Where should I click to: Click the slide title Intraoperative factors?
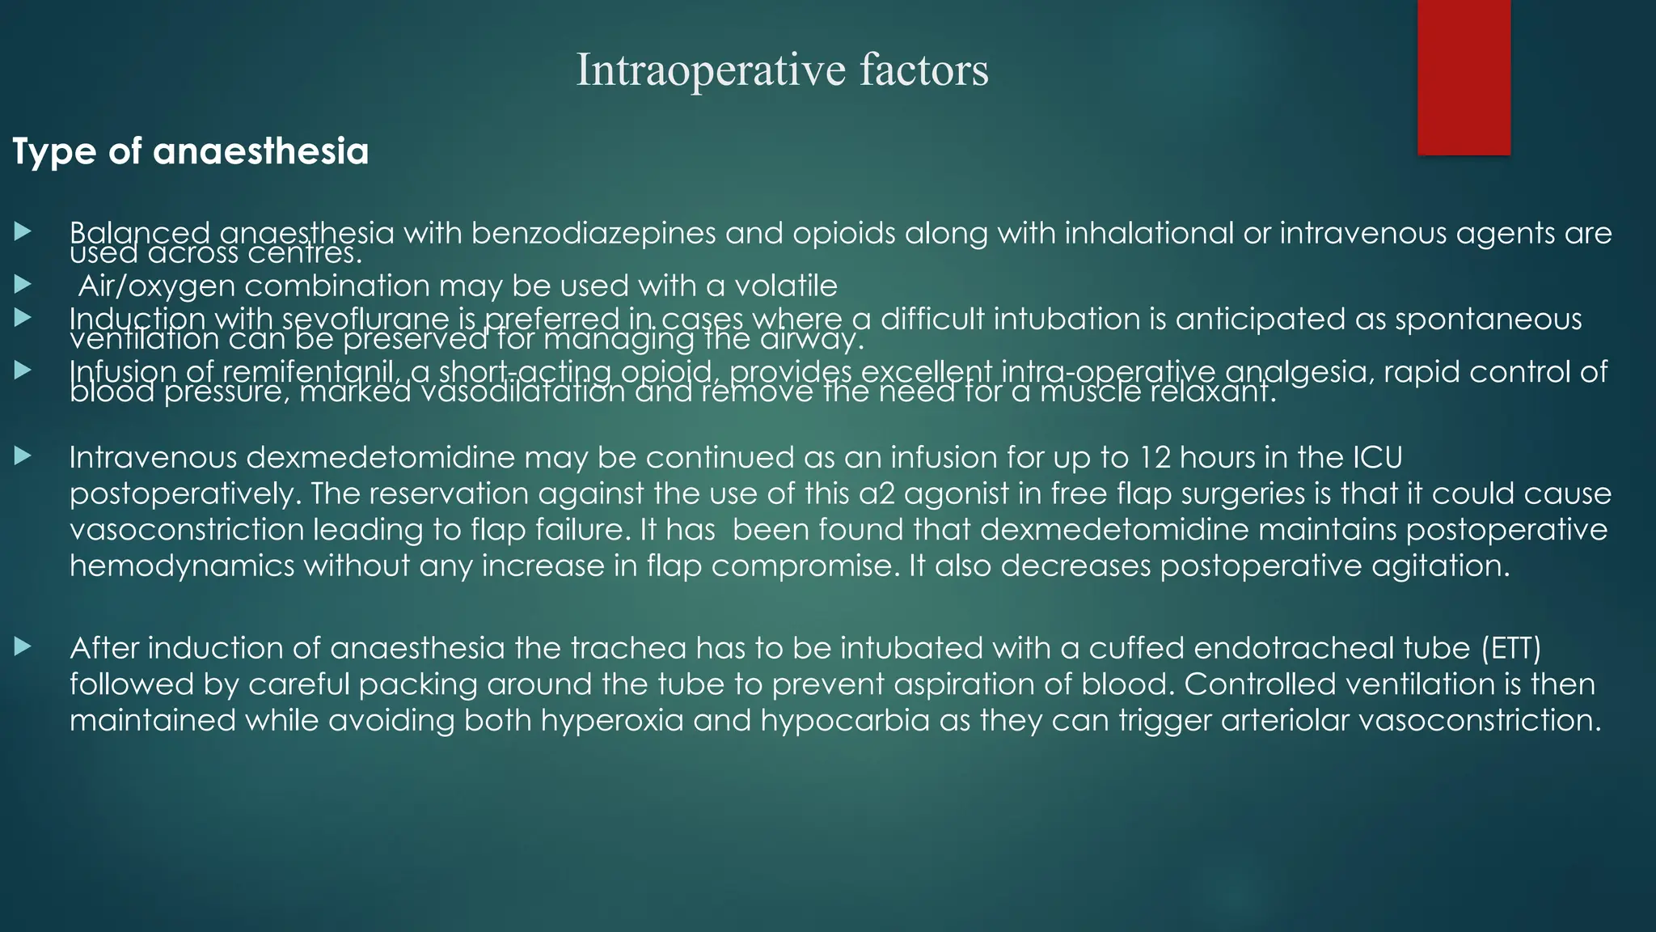tap(782, 70)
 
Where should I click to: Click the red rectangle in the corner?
tap(1464, 77)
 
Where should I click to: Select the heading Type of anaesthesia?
tap(191, 152)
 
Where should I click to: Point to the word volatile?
tap(785, 286)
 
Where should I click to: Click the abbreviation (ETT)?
tap(1511, 649)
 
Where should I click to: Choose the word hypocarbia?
tap(845, 720)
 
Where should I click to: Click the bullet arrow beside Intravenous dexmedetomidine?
tap(23, 456)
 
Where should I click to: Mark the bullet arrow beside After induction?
tap(23, 646)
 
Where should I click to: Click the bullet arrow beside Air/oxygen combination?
tap(23, 284)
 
